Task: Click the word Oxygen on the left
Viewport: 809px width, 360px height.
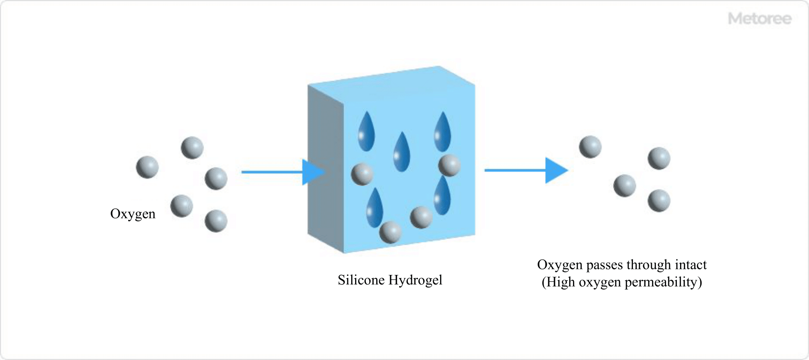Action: tap(133, 214)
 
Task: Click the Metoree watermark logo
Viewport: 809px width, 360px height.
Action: tap(759, 19)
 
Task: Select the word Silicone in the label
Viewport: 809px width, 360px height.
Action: tap(361, 280)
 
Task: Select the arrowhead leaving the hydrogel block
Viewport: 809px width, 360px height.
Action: tap(556, 171)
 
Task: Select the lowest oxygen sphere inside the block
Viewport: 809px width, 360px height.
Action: tap(390, 232)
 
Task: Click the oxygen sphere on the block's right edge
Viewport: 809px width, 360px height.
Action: tap(449, 165)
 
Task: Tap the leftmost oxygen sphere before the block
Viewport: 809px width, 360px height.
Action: tap(147, 167)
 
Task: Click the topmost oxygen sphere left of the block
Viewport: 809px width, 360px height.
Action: tap(192, 148)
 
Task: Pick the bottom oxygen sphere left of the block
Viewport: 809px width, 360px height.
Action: tap(216, 221)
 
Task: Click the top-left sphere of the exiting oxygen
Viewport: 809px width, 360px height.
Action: tap(590, 147)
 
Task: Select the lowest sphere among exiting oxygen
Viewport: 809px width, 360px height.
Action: tap(659, 201)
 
